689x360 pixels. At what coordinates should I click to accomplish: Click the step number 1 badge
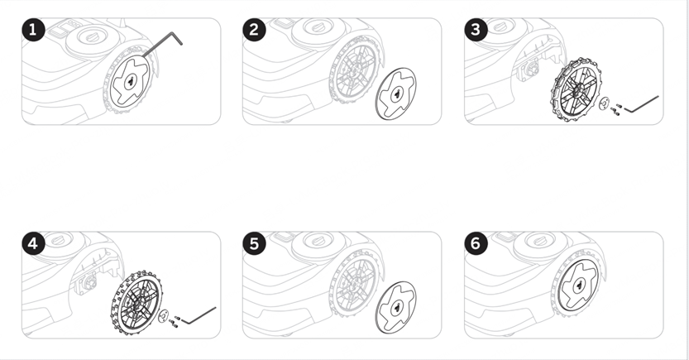[x=33, y=30]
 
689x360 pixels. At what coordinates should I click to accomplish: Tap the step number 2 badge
[x=254, y=30]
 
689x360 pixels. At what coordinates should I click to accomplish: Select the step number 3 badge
[x=476, y=30]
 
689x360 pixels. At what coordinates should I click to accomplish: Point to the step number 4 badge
[x=33, y=243]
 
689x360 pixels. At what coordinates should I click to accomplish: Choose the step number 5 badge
[x=254, y=243]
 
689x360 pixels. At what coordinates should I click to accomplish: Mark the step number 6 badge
[x=476, y=243]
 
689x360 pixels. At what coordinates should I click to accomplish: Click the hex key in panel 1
[x=163, y=44]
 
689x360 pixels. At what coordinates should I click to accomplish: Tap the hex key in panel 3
[x=642, y=104]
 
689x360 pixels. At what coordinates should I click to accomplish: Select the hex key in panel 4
[x=199, y=315]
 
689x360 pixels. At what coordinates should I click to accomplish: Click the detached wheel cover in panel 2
[x=395, y=94]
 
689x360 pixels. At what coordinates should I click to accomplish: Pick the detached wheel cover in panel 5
[x=395, y=308]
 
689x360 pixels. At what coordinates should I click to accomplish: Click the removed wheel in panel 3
[x=575, y=89]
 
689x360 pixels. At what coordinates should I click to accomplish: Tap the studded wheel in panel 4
[x=136, y=303]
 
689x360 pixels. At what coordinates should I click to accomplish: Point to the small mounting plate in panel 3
[x=604, y=103]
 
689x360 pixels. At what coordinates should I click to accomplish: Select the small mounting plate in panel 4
[x=163, y=315]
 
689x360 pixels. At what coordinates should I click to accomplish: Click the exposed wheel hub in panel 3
[x=529, y=70]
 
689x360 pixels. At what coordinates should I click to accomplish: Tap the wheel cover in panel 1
[x=129, y=82]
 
